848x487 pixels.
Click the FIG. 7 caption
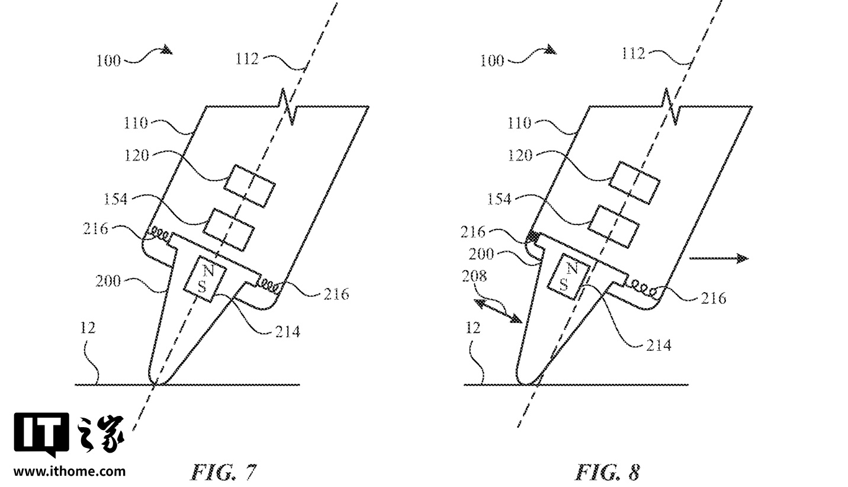(223, 472)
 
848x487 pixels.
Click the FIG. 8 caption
(608, 472)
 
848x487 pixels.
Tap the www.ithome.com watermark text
(70, 472)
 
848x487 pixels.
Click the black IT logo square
(41, 434)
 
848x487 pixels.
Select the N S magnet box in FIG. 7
(205, 279)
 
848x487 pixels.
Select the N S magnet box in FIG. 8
(569, 277)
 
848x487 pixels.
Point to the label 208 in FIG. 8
(474, 277)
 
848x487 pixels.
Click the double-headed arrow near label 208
(498, 311)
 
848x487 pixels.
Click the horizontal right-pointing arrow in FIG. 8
(719, 259)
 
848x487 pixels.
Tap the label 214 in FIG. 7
(287, 332)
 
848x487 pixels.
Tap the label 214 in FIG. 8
(659, 345)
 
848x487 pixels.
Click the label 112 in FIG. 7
(247, 59)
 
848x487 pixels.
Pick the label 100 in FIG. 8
(492, 60)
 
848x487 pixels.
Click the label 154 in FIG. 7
(115, 199)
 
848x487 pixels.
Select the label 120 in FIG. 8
(520, 155)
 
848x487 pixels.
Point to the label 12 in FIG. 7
(88, 328)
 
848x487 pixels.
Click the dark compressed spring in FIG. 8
(533, 237)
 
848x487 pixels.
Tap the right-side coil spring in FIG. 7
(269, 286)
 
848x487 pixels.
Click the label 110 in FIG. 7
(136, 123)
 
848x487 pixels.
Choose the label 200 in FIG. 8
(481, 254)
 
